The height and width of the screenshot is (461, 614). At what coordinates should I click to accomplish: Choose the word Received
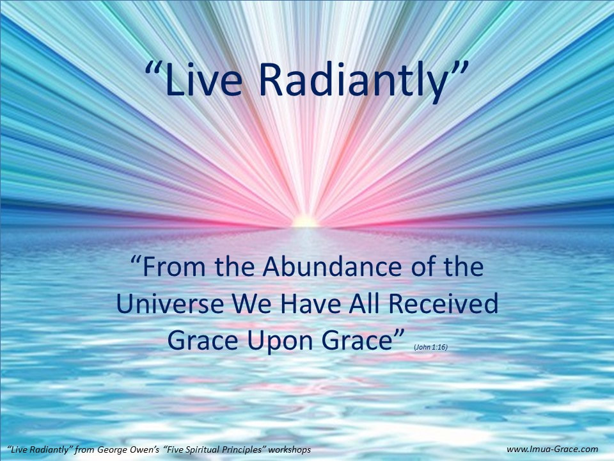coord(444,303)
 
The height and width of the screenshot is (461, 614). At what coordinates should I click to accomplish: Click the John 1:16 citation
coord(430,347)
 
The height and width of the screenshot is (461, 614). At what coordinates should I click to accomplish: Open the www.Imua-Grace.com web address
coord(552,449)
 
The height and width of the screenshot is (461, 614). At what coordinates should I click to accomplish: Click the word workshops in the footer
coord(290,449)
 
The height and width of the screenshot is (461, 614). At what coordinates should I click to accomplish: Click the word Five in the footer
coord(174,449)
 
